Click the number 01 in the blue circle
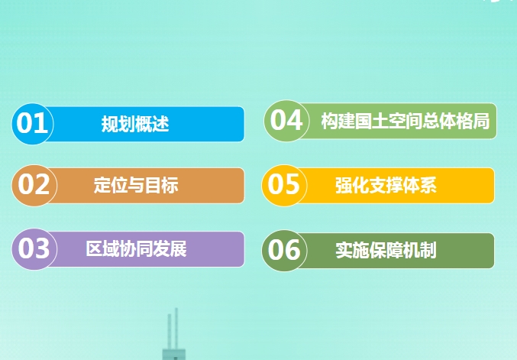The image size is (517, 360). point(32,123)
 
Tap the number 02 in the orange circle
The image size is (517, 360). point(34,184)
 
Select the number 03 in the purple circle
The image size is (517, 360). point(34,248)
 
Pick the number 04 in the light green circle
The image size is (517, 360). point(286,120)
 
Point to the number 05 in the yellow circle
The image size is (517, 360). point(283,184)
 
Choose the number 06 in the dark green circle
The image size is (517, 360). point(284,250)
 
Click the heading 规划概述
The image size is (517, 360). point(135,124)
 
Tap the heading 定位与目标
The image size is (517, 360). point(136,185)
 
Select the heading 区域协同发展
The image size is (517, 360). point(136,248)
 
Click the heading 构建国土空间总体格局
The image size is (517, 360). point(406,121)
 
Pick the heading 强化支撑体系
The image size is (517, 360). point(386,185)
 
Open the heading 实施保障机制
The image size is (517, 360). point(386,250)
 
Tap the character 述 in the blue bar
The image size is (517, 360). point(161,124)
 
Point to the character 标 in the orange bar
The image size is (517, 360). point(170,185)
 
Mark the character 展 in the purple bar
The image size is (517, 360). point(179,248)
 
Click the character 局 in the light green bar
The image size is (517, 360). point(481,121)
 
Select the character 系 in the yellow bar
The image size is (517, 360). point(428,185)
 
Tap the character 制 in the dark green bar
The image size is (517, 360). point(428,250)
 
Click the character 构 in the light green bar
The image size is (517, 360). point(330,121)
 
